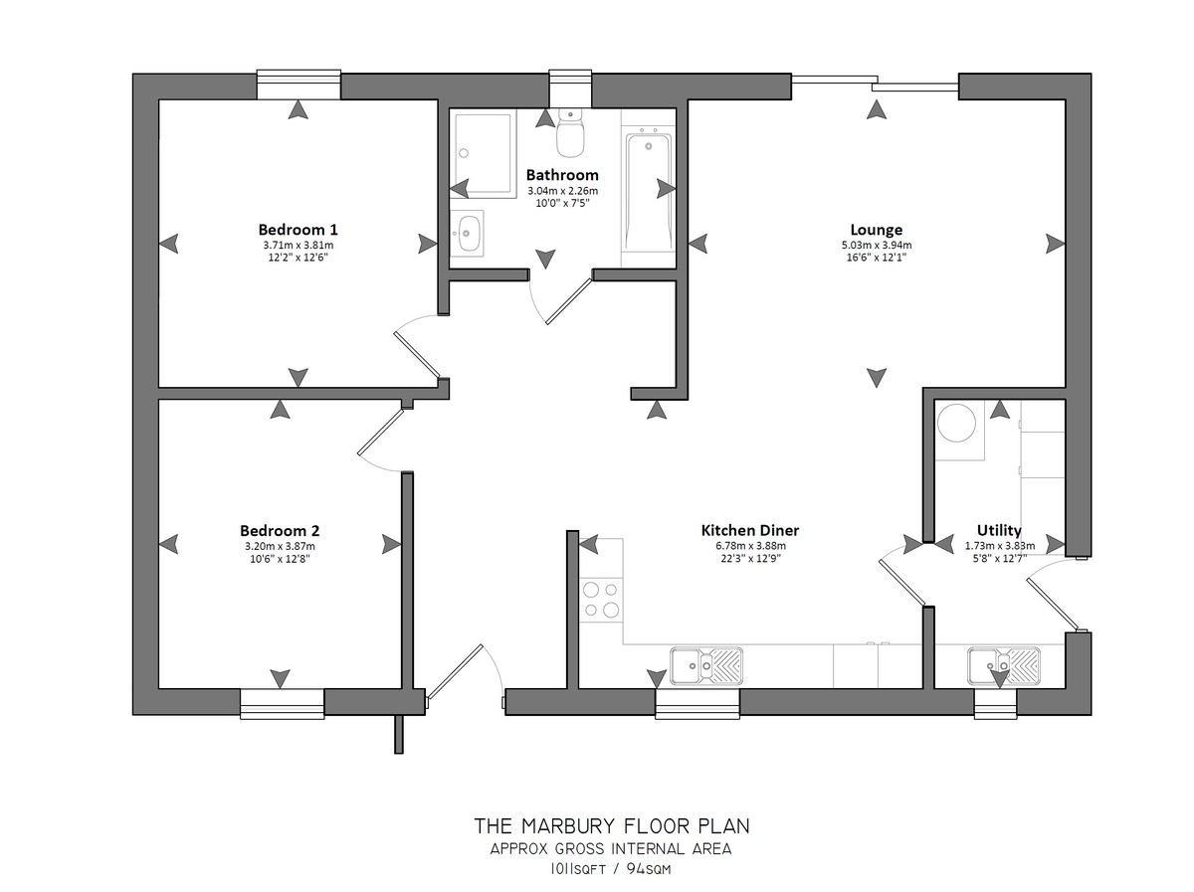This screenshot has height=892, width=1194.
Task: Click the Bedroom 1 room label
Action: [x=298, y=229]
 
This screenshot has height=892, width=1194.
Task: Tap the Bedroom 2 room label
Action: [x=280, y=530]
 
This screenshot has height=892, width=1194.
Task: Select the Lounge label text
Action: [x=876, y=230]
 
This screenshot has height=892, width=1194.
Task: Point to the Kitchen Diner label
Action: [x=749, y=530]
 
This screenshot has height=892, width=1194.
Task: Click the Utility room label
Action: [x=999, y=530]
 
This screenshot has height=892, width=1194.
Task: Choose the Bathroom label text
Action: [x=562, y=174]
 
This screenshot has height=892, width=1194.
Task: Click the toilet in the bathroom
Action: [x=570, y=132]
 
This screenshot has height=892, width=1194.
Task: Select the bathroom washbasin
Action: [x=467, y=233]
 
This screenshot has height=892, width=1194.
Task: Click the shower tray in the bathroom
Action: [x=482, y=153]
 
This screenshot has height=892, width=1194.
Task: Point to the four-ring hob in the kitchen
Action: [x=601, y=600]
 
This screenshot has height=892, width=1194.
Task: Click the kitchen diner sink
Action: [x=706, y=665]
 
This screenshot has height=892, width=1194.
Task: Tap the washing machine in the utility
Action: [x=960, y=431]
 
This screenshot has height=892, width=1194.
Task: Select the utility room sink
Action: [x=1003, y=665]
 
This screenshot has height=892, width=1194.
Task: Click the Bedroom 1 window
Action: [x=298, y=85]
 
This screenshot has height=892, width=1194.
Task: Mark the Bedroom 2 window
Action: [x=282, y=703]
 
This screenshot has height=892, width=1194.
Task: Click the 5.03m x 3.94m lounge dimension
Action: [x=876, y=246]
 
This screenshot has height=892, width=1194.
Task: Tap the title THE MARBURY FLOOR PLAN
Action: [x=612, y=825]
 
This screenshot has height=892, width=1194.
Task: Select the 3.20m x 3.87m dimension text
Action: [x=280, y=546]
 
